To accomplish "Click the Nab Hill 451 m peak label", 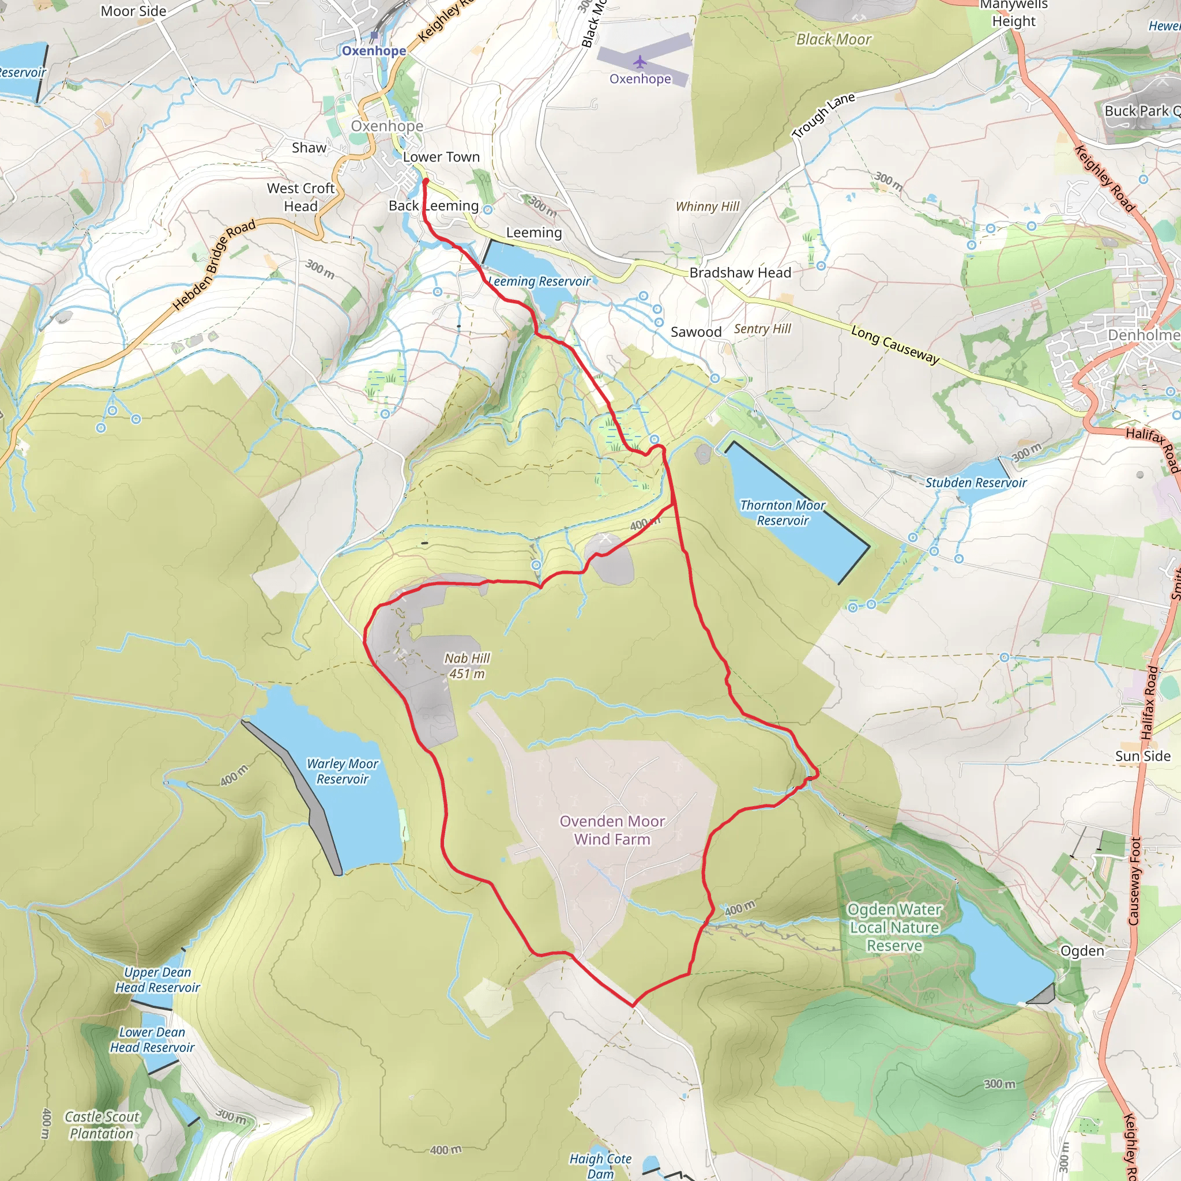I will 467,665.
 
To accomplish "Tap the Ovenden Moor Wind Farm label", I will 612,830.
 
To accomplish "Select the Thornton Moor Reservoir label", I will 783,512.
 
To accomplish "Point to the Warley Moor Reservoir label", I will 343,771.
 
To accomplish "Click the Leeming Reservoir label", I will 540,281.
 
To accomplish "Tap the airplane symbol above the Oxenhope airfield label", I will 640,62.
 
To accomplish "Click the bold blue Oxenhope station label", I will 374,51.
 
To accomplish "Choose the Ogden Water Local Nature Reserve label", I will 894,927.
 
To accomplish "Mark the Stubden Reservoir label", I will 976,482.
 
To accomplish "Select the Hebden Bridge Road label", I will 214,265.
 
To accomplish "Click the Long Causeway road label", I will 895,345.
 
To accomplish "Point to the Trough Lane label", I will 823,115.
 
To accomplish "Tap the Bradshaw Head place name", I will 740,273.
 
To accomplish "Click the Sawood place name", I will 695,332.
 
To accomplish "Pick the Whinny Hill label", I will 707,206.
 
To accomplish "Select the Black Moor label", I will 833,40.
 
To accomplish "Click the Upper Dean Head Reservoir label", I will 157,979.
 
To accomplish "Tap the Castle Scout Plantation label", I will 101,1124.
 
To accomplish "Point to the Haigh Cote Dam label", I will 600,1165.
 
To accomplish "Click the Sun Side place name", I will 1142,756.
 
